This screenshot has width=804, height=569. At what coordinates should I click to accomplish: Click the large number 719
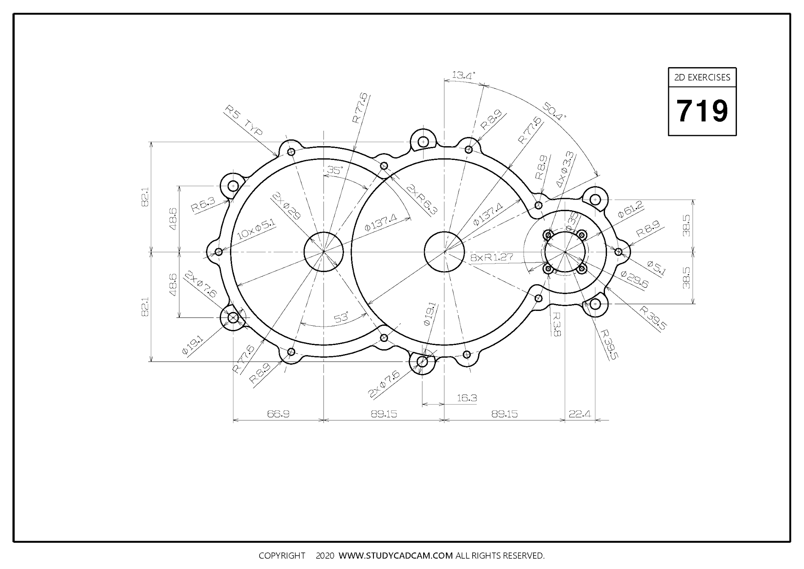(x=702, y=111)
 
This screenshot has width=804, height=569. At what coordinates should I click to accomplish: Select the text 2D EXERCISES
(x=702, y=77)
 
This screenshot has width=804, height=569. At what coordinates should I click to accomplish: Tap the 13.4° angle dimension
(x=463, y=75)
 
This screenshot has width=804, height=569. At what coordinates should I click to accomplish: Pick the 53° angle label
(x=341, y=317)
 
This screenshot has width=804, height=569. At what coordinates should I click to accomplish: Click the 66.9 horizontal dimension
(x=278, y=414)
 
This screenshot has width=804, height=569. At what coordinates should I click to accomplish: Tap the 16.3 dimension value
(x=467, y=398)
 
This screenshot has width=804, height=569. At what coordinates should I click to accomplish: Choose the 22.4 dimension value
(x=580, y=414)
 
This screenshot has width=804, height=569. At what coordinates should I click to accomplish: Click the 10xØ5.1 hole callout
(x=256, y=229)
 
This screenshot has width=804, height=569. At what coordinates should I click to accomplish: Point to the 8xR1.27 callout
(x=492, y=258)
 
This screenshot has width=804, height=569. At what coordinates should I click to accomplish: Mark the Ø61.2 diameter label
(x=630, y=209)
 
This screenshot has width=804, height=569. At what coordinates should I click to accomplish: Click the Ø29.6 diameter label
(x=634, y=279)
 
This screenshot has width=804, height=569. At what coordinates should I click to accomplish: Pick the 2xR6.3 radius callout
(x=422, y=200)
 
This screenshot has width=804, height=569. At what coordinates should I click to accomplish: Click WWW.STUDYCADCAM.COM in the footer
(x=396, y=556)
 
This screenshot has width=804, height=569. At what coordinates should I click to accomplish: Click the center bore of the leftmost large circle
(x=323, y=251)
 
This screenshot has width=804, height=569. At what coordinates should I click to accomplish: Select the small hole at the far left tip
(x=219, y=252)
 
